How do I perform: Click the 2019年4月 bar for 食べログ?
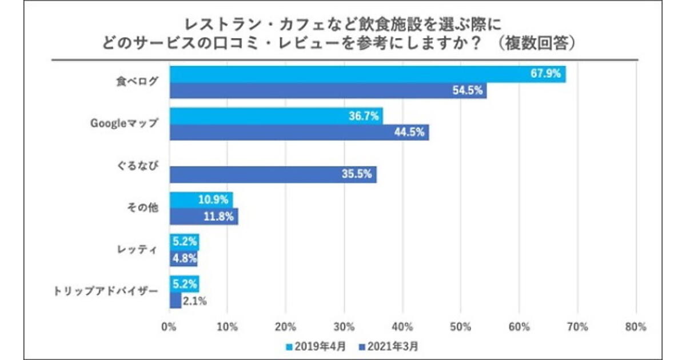[x=367, y=75]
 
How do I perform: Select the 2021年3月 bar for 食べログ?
[x=328, y=91]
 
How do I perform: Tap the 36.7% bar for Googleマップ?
[x=276, y=117]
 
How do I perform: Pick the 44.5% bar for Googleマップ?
[x=299, y=133]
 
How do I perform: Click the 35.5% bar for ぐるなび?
[x=273, y=175]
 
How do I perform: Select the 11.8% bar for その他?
[x=204, y=217]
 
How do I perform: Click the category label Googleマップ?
[x=123, y=123]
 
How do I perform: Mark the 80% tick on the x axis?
[x=636, y=327]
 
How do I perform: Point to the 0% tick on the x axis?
[x=169, y=327]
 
